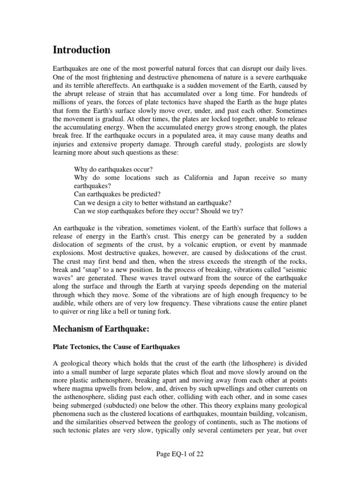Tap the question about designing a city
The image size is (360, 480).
click(x=153, y=202)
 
